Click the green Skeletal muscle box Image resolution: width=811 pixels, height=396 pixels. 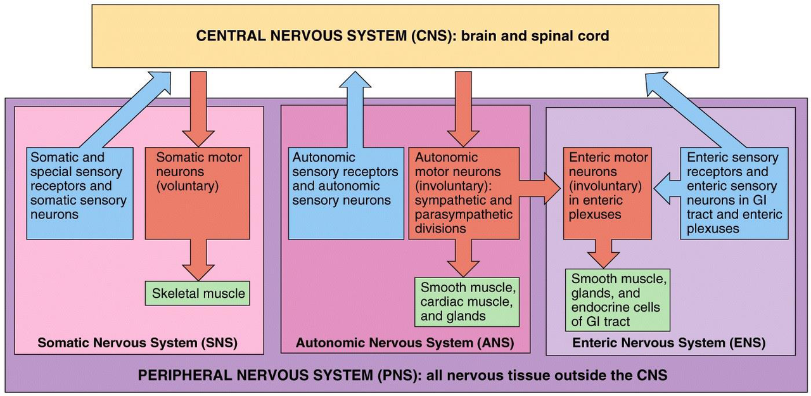[x=198, y=293]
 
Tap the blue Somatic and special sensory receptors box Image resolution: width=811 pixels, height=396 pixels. [x=80, y=193]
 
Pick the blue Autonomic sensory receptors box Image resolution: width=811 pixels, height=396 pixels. [x=345, y=193]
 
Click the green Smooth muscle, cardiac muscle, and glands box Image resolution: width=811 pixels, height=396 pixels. [x=467, y=302]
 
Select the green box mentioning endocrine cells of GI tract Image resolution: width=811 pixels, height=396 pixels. [x=617, y=300]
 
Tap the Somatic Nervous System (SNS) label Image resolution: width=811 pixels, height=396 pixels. [x=137, y=343]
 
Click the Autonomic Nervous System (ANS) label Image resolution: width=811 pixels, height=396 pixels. [x=404, y=343]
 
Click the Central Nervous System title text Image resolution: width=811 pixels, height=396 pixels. [x=402, y=35]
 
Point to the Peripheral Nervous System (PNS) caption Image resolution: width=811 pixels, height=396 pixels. [x=402, y=375]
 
